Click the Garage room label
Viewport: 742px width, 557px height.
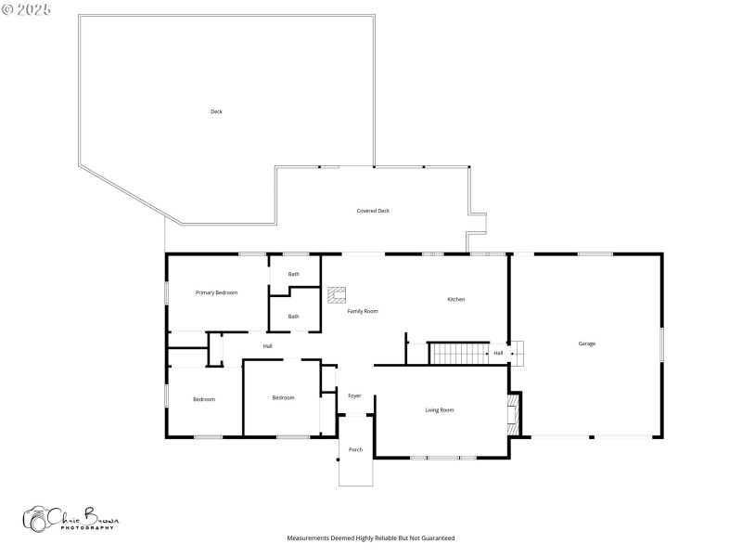[x=587, y=343]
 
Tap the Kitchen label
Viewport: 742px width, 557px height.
[x=456, y=299]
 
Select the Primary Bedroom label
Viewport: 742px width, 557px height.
[x=216, y=292]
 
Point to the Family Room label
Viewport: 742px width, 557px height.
[x=363, y=311]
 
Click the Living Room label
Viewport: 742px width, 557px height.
[x=440, y=409]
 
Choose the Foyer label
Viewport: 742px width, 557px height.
[x=354, y=395]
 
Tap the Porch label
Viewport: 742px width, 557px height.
[x=355, y=449]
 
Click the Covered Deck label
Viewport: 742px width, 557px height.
[x=373, y=211]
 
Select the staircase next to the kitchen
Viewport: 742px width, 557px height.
[x=459, y=354]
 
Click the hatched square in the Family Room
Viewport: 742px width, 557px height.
[x=336, y=295]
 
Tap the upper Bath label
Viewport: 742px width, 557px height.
[x=293, y=274]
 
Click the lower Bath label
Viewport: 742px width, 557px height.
[x=293, y=317]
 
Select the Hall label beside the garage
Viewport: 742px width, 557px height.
[x=498, y=353]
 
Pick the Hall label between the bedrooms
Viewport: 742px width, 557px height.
[x=267, y=346]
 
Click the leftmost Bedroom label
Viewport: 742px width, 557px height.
[x=204, y=399]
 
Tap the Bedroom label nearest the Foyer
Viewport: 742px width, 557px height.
[x=283, y=397]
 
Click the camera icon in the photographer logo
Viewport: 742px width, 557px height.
[x=37, y=520]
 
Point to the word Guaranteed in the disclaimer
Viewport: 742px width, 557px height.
[x=435, y=538]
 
